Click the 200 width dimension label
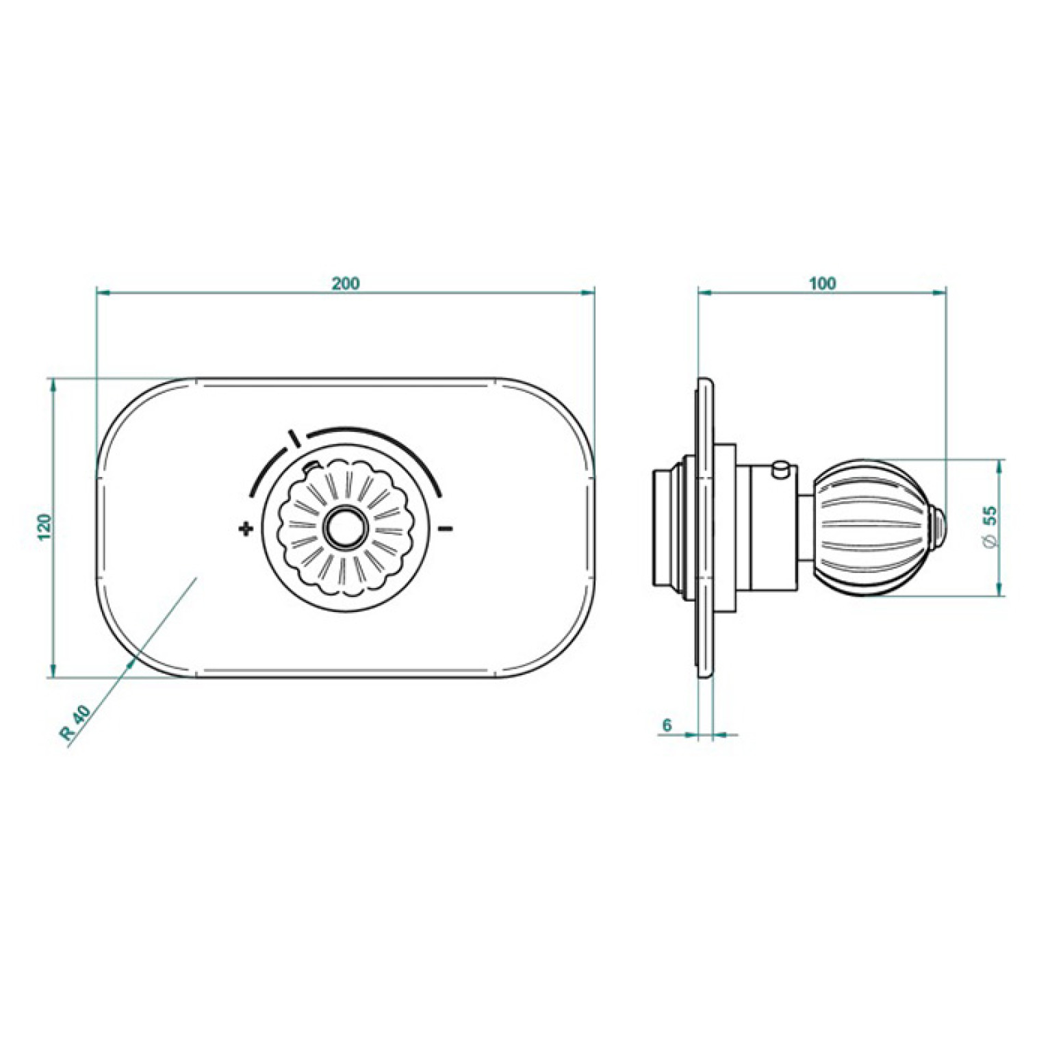[346, 283]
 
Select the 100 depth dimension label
[822, 283]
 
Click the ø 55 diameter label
[990, 526]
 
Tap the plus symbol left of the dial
[246, 528]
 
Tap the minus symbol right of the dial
[446, 528]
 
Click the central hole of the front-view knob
[346, 528]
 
